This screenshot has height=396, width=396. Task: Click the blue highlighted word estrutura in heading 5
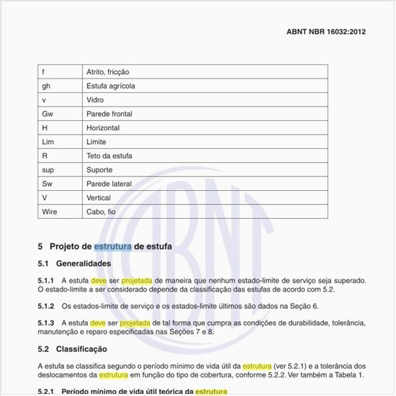pos(112,246)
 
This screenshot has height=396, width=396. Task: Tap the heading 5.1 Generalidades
pos(74,264)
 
